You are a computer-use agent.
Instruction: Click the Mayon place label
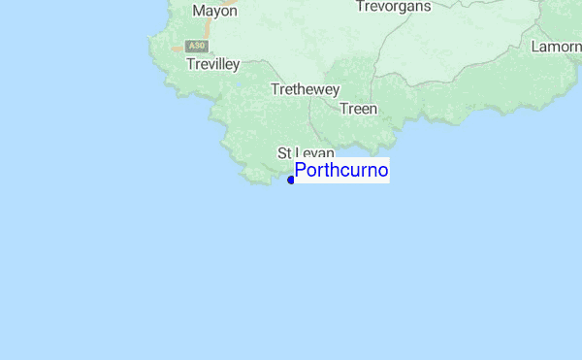214,11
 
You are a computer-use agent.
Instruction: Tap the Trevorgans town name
392,6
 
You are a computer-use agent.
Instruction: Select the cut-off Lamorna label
557,46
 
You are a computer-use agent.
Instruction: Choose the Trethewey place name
305,89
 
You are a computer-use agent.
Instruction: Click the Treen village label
358,109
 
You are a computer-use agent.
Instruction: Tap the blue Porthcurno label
341,171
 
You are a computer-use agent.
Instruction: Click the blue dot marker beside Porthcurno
291,180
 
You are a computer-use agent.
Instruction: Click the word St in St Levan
284,153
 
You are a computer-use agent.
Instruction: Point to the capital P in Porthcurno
301,171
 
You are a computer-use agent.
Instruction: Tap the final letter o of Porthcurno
383,172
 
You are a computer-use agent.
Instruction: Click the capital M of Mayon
199,11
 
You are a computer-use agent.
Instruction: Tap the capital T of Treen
343,109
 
